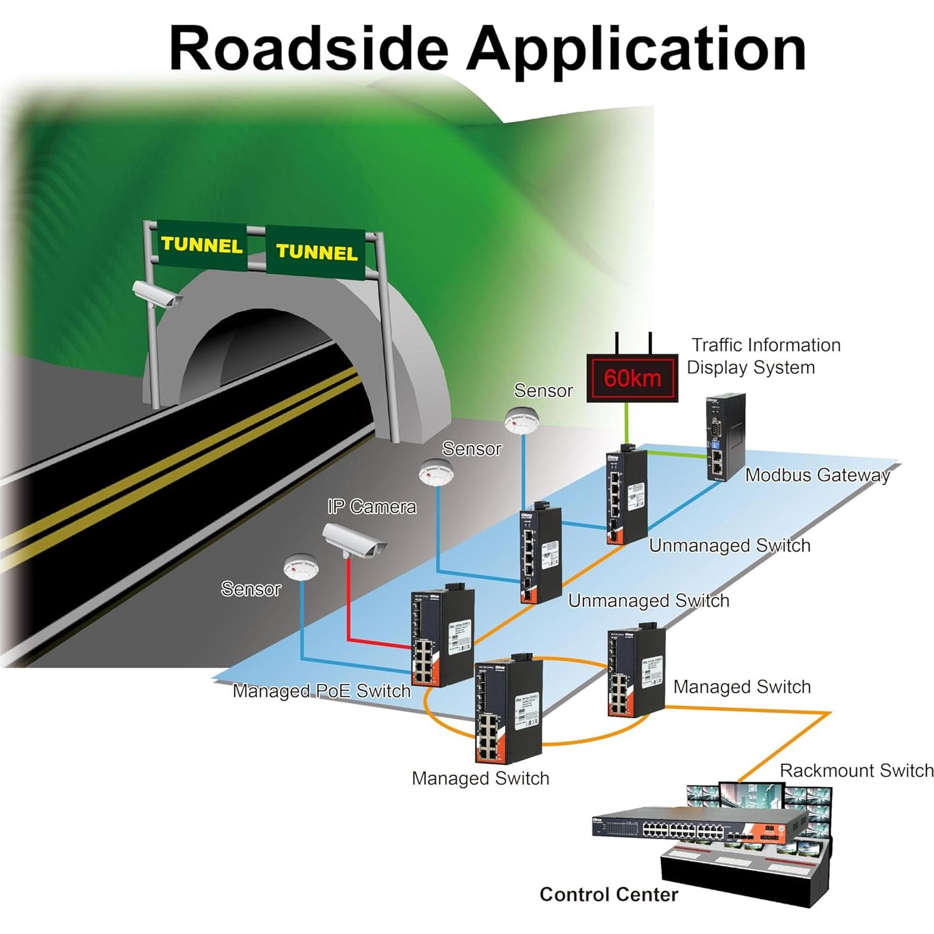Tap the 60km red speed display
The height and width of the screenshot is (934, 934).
coord(632,378)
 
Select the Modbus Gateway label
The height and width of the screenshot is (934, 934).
coord(817,475)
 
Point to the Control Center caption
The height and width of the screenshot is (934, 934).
coord(608,895)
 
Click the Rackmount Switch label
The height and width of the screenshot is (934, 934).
coord(856,771)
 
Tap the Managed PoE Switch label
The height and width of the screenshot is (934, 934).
coord(321,691)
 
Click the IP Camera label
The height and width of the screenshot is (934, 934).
coord(372,506)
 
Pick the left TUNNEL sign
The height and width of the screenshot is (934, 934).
coord(201,244)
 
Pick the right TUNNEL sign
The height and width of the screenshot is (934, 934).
coord(316,251)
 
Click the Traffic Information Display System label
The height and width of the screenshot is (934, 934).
coord(764,356)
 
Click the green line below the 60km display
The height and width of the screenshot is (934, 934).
coord(625,424)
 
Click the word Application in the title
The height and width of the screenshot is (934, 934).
coord(636,50)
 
